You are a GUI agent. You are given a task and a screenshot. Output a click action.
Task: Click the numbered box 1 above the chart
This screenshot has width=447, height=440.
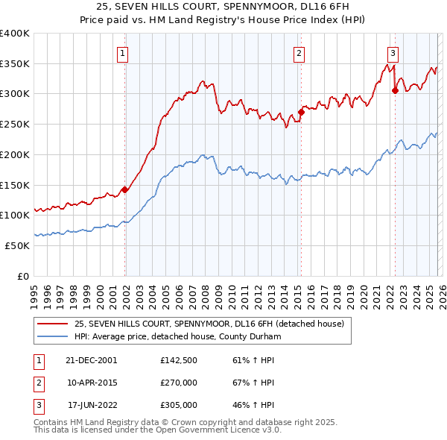pyautogui.click(x=121, y=53)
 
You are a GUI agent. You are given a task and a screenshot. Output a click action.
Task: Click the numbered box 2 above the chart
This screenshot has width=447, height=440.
pyautogui.click(x=298, y=53)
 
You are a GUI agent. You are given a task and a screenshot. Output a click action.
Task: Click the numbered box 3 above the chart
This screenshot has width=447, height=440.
pyautogui.click(x=392, y=53)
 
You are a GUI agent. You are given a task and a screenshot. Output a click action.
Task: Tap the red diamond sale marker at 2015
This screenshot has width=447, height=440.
pyautogui.click(x=302, y=113)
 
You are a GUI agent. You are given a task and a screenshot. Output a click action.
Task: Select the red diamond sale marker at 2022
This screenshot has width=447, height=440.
pyautogui.click(x=396, y=91)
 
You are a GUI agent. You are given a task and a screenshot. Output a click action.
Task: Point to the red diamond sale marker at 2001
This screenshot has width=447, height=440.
pyautogui.click(x=125, y=189)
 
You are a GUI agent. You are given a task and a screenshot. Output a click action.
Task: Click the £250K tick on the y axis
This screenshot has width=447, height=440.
pyautogui.click(x=15, y=124)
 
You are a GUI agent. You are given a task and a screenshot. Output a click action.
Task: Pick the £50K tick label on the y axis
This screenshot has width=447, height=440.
pyautogui.click(x=17, y=245)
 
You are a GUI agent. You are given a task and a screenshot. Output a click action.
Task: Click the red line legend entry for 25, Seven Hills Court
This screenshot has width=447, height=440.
pyautogui.click(x=209, y=324)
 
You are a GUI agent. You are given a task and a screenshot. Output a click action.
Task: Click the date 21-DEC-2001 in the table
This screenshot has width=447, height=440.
pyautogui.click(x=92, y=359)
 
